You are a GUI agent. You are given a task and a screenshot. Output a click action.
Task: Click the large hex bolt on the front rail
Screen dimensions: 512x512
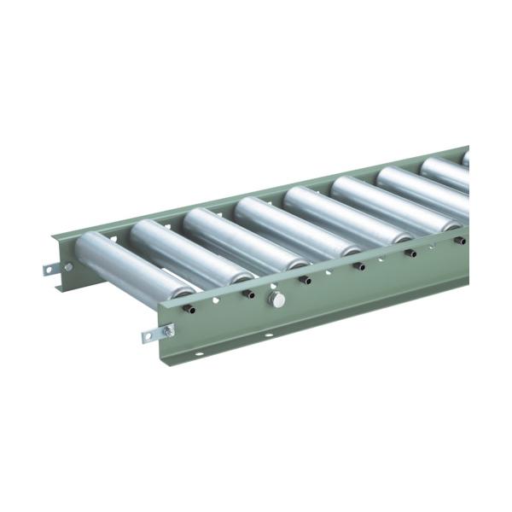point(276,299)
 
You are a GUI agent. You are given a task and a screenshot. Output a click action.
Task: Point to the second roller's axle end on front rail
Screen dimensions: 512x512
point(250,294)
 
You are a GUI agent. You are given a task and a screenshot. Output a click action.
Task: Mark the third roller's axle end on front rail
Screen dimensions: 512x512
point(305,279)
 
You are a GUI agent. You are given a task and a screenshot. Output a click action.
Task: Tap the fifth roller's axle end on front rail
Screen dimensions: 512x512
point(410,253)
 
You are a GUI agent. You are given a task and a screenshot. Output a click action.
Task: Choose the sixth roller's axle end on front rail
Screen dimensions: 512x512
point(458,241)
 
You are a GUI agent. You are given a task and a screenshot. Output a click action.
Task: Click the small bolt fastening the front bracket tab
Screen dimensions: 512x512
point(167,330)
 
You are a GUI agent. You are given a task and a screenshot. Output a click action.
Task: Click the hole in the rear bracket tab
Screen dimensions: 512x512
point(49,271)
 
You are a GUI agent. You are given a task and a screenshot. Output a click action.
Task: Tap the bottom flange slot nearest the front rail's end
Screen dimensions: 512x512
point(199,353)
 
